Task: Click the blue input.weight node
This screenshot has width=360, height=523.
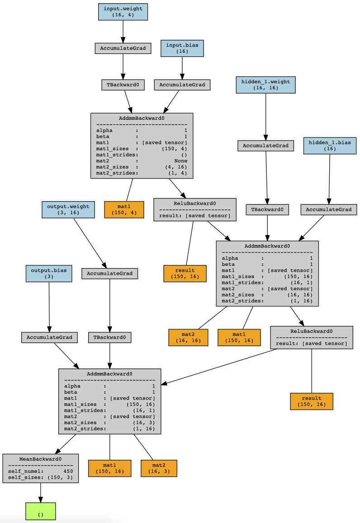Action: pyautogui.click(x=123, y=12)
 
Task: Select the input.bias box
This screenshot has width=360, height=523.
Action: pyautogui.click(x=182, y=48)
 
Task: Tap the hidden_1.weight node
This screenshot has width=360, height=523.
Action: pyautogui.click(x=265, y=85)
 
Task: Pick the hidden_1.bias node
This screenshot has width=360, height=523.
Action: pyautogui.click(x=330, y=146)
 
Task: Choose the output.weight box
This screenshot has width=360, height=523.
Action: pyautogui.click(x=68, y=210)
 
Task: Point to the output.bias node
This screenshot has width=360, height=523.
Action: pyautogui.click(x=49, y=274)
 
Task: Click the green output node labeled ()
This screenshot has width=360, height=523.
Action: pyautogui.click(x=41, y=511)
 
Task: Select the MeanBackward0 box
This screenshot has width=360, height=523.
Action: pyautogui.click(x=41, y=468)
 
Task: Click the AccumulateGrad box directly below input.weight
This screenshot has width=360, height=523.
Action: pyautogui.click(x=123, y=48)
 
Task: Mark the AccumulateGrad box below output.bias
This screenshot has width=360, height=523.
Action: pyautogui.click(x=49, y=337)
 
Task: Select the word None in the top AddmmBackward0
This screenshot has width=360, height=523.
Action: pyautogui.click(x=180, y=160)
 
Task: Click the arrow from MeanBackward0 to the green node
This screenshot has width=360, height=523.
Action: pyautogui.click(x=41, y=493)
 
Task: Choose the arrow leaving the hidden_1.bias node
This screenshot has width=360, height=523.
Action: pyautogui.click(x=329, y=179)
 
